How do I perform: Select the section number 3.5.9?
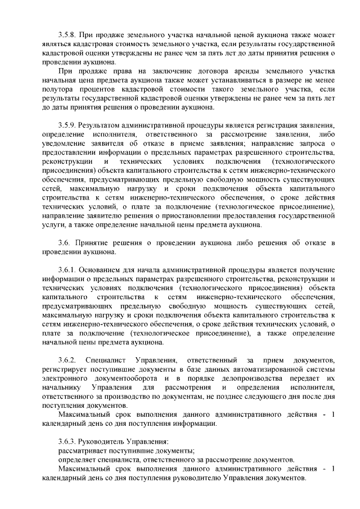click(x=67, y=125)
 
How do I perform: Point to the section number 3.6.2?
click(x=67, y=360)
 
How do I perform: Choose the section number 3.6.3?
click(x=67, y=441)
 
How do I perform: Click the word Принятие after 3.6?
click(x=95, y=243)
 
